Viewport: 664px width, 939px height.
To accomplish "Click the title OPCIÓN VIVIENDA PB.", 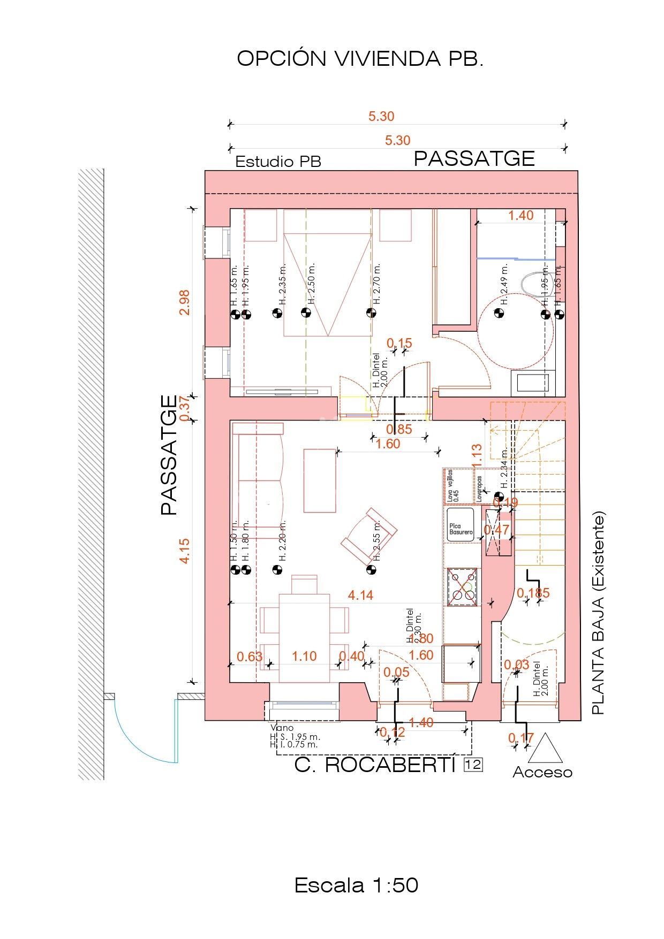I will tap(360, 59).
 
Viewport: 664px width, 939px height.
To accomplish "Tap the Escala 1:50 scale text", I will tap(356, 885).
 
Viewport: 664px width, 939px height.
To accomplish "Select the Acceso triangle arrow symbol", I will tap(545, 749).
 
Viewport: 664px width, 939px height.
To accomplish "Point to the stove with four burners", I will tap(462, 587).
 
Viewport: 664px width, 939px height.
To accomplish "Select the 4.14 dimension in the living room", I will tap(360, 595).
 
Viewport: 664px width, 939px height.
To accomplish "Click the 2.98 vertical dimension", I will tap(184, 302).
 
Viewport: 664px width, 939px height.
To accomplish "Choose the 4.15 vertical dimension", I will tap(184, 551).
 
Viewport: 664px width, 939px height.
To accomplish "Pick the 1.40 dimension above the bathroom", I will tap(520, 215).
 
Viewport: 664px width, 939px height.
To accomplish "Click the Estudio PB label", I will tap(278, 162).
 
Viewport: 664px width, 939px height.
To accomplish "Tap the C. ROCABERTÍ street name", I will tap(375, 765).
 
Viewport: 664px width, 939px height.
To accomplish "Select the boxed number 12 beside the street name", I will tap(473, 765).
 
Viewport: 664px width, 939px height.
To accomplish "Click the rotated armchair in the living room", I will tap(369, 536).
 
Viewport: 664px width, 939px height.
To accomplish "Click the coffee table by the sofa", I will tap(320, 480).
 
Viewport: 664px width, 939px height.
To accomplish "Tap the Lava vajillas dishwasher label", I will tap(453, 485).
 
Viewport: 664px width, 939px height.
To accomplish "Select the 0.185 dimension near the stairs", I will tap(533, 593).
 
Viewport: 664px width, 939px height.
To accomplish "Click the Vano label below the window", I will tap(282, 728).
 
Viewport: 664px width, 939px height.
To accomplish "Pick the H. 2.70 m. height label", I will tap(377, 284).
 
